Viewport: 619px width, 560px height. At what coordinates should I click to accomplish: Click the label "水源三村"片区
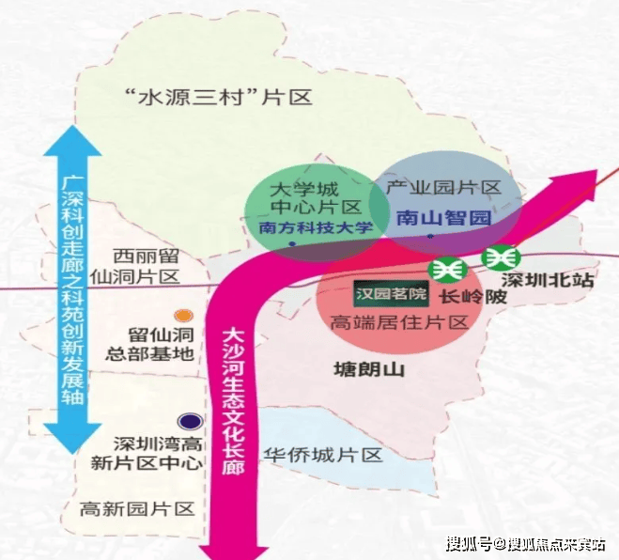click(217, 96)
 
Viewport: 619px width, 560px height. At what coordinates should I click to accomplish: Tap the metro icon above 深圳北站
click(499, 257)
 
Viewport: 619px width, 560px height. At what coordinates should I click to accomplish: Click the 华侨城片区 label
click(324, 455)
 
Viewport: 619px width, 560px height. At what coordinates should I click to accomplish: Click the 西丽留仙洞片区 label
click(146, 266)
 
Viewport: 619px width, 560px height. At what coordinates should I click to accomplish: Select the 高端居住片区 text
click(399, 322)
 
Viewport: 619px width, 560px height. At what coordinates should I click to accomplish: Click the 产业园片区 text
click(442, 187)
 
